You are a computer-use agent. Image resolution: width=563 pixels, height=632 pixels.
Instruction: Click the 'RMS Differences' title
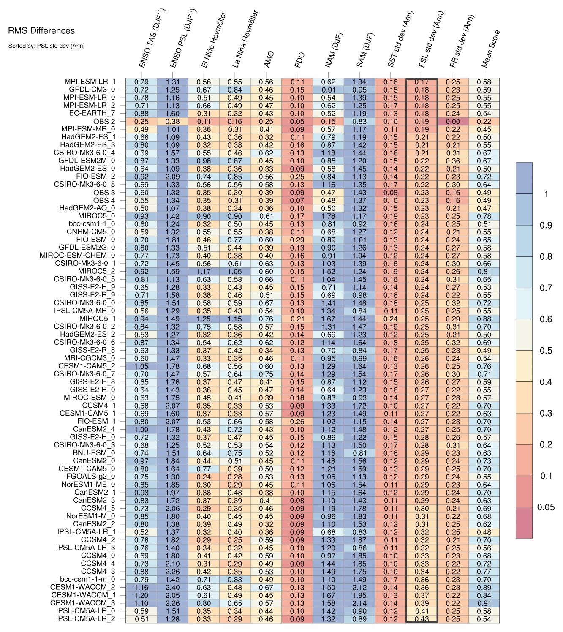41,31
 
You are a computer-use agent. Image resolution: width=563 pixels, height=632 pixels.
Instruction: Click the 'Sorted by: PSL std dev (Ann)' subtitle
46,46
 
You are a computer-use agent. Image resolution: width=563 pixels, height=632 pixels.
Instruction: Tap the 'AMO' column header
269,60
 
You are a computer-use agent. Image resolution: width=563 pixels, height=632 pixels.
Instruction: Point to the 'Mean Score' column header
491,49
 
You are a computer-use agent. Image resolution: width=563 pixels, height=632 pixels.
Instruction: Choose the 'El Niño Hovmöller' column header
214,39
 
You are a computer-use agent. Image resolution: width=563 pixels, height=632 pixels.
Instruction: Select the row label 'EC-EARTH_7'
92,113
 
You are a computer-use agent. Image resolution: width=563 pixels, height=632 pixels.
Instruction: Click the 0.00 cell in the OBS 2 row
453,122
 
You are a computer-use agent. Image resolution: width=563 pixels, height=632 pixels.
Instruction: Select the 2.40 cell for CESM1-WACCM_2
172,587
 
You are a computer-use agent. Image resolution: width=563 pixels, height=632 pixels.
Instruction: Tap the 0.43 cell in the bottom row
422,619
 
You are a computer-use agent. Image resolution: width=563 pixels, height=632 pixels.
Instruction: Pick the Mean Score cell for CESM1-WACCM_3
484,603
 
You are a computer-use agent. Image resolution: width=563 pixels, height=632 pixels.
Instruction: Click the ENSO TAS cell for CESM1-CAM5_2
141,366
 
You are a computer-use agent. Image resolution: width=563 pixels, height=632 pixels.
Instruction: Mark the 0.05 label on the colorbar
546,507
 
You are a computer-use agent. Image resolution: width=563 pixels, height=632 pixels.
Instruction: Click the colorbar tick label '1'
546,194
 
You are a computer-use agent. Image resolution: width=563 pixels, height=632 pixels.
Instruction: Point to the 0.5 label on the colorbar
546,351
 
